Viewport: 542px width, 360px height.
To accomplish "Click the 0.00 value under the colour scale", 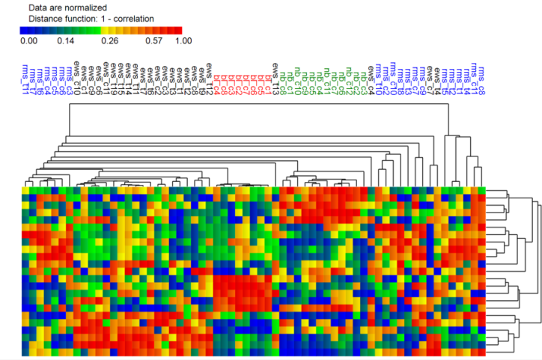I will point(28,40).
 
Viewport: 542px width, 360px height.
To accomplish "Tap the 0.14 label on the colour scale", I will point(65,40).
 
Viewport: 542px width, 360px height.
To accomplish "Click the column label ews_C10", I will point(77,78).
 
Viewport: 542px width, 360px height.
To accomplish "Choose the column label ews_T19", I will point(202,78).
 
